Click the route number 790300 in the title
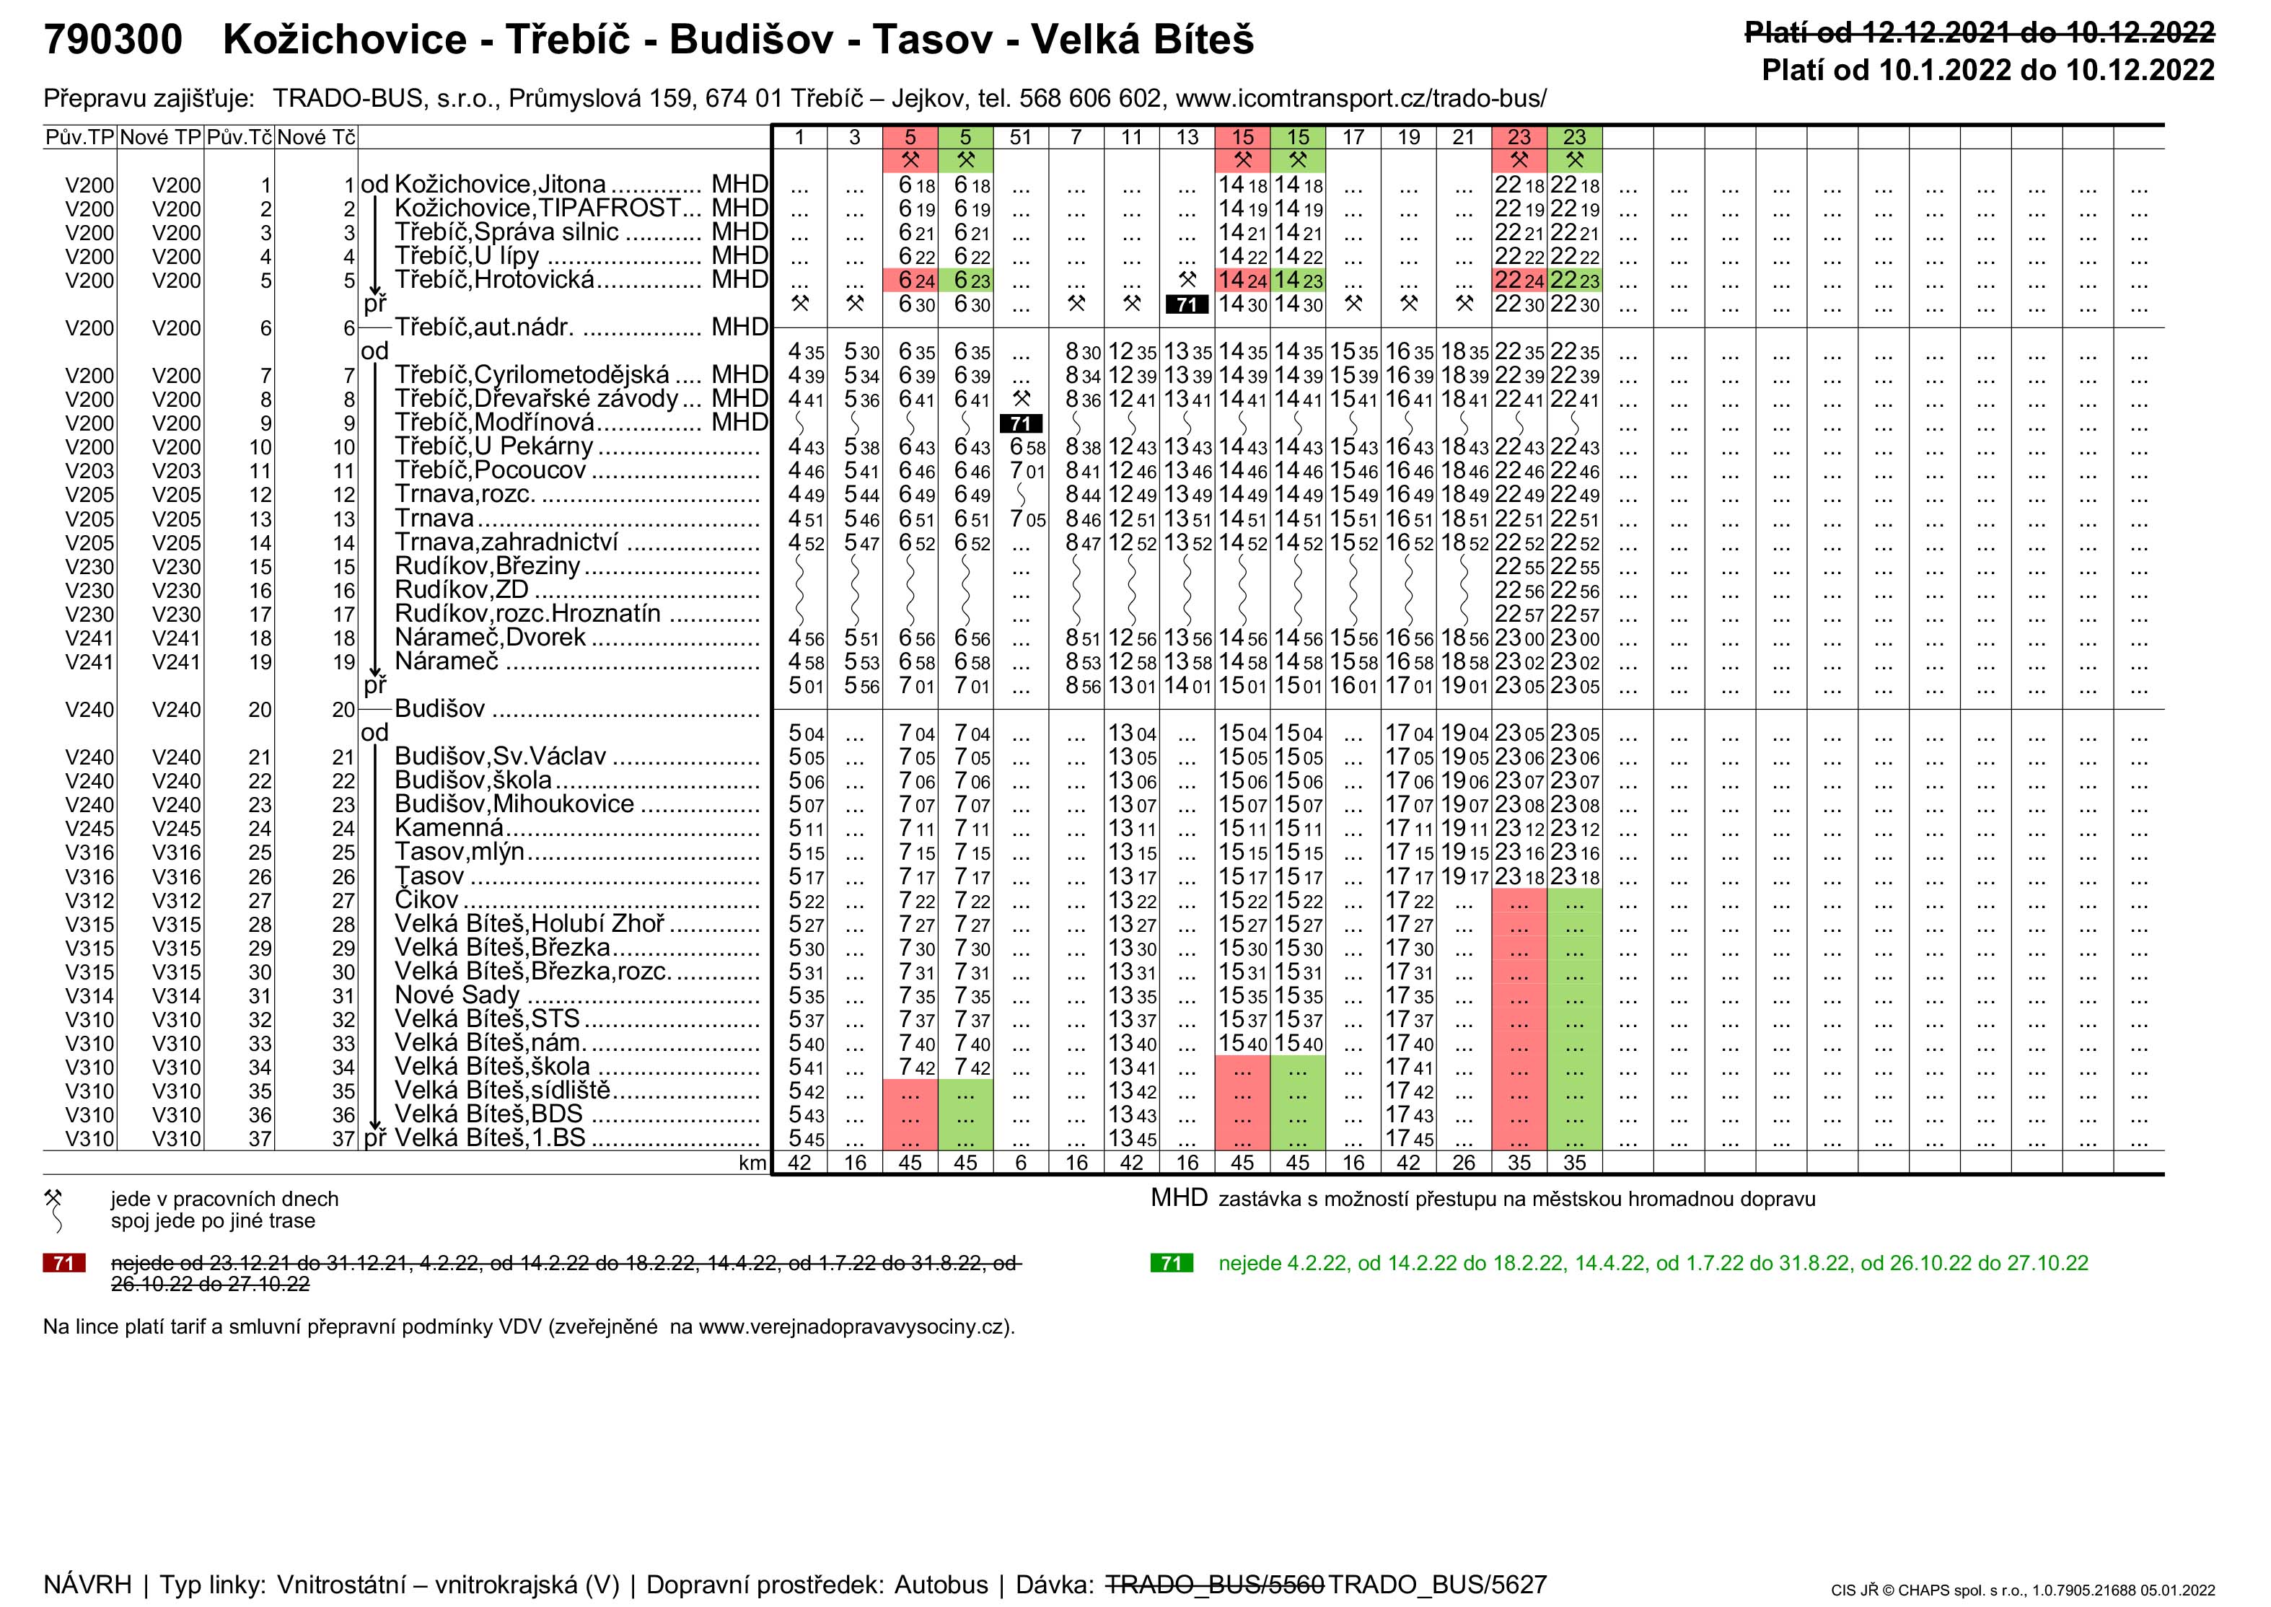pyautogui.click(x=113, y=40)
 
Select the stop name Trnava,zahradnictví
pyautogui.click(x=506, y=542)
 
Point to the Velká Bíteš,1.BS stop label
pyautogui.click(x=490, y=1138)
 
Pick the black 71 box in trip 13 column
pyautogui.click(x=1187, y=305)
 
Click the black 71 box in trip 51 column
pyautogui.click(x=1020, y=423)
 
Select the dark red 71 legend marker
pyautogui.click(x=64, y=1264)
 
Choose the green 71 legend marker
pyautogui.click(x=1172, y=1264)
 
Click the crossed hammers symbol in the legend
pyautogui.click(x=53, y=1198)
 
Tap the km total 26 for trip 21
pyautogui.click(x=1464, y=1163)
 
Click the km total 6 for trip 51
pyautogui.click(x=1020, y=1163)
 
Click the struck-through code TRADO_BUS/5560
pyautogui.click(x=1213, y=1584)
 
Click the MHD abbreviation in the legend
pyautogui.click(x=1179, y=1198)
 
